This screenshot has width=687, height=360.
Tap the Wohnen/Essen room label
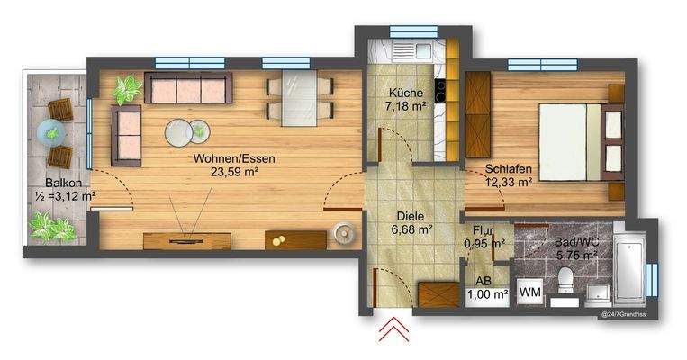233,158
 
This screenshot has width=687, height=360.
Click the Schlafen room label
509,168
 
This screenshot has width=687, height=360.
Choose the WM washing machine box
530,291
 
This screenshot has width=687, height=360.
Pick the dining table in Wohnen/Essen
299,98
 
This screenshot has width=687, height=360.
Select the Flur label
482,229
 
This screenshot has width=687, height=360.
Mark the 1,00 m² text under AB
488,293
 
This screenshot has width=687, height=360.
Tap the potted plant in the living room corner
128,89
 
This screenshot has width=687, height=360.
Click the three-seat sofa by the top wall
188,88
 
